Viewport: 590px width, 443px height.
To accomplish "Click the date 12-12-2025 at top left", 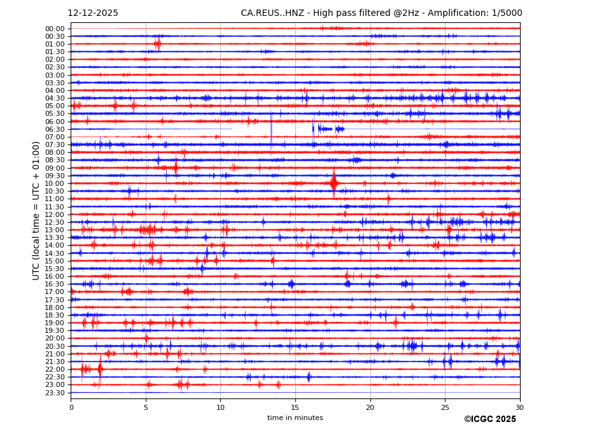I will click(x=93, y=13).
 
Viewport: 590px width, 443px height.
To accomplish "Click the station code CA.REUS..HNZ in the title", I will click(x=275, y=13).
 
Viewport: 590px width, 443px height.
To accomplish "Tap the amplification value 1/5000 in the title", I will click(x=507, y=13).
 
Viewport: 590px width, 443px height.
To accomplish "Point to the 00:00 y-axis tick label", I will click(x=55, y=29).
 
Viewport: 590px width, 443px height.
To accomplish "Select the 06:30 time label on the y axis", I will click(x=55, y=129).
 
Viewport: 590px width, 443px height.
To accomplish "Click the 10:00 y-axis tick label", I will click(x=55, y=183).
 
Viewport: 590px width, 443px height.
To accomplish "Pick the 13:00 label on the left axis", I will click(x=55, y=230).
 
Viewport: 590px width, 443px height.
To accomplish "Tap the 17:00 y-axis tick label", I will click(x=55, y=292).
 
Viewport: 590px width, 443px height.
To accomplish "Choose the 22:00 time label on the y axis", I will click(x=55, y=369).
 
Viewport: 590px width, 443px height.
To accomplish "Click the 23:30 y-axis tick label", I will click(x=55, y=393).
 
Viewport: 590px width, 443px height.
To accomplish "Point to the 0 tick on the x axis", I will click(x=71, y=407).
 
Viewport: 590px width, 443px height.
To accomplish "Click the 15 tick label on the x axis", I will click(x=295, y=407).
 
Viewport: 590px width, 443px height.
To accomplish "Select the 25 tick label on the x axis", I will click(x=445, y=407).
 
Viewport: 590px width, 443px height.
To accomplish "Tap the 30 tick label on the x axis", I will click(x=520, y=407).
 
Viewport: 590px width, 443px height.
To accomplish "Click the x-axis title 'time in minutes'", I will click(x=295, y=418).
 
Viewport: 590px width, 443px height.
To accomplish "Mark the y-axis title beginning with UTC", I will click(x=36, y=211).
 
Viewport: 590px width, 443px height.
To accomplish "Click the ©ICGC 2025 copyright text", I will click(x=490, y=419).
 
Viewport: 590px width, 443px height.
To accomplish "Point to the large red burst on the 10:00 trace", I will click(x=334, y=183).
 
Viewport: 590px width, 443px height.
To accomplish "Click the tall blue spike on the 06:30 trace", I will click(x=271, y=130).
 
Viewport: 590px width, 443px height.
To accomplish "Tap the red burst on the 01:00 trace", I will click(x=157, y=44).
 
